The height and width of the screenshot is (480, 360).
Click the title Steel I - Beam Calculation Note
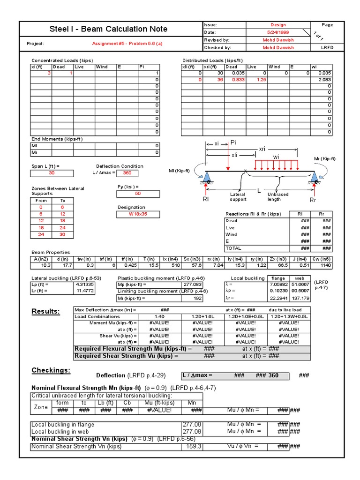tap(108, 29)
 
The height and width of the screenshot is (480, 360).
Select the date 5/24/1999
tap(282, 32)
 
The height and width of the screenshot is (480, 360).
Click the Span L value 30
tap(52, 173)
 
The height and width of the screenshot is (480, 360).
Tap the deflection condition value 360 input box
tap(127, 173)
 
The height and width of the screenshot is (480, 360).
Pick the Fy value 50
tap(137, 193)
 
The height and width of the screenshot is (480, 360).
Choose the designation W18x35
tap(138, 214)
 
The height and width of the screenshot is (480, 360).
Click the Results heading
tap(45, 312)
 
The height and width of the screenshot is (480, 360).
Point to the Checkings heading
tap(51, 371)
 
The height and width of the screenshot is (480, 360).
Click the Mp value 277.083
tap(193, 285)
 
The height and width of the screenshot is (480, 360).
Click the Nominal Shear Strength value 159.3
tap(193, 446)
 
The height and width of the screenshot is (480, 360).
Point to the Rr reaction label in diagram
tap(313, 200)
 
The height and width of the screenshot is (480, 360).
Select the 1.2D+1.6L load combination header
tap(202, 316)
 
